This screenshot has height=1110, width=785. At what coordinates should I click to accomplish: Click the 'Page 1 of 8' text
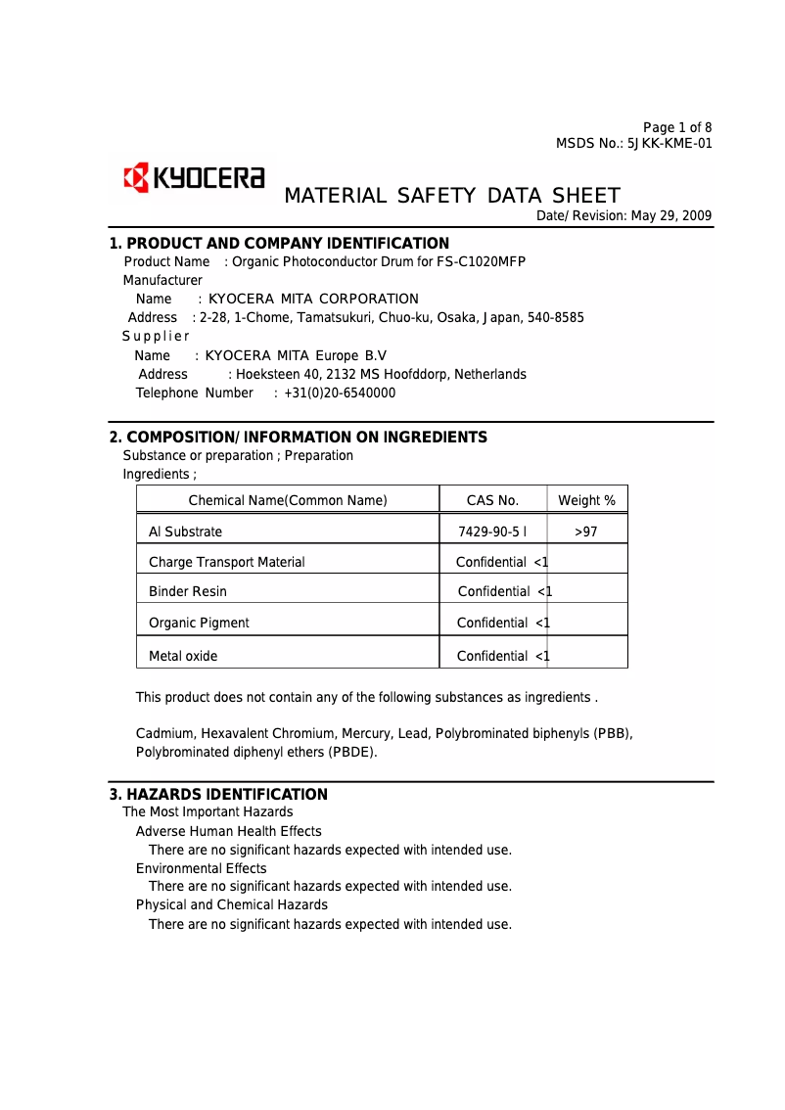tap(677, 127)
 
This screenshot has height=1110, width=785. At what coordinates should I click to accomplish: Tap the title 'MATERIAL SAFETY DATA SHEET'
tap(451, 196)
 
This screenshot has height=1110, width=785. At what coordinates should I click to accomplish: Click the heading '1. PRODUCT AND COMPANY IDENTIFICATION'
tap(279, 244)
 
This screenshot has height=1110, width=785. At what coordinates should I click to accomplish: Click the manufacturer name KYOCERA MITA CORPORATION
tap(313, 299)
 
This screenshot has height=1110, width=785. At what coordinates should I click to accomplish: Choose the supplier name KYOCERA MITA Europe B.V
tap(296, 355)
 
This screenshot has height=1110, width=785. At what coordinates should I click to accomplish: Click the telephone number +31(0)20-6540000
tap(340, 393)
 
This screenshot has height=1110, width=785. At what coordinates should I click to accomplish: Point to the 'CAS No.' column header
tap(492, 500)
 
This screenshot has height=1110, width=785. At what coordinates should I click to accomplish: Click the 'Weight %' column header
tap(586, 500)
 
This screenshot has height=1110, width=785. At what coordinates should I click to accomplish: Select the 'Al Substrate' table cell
tap(185, 532)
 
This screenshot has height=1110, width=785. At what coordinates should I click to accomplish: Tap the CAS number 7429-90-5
tap(488, 532)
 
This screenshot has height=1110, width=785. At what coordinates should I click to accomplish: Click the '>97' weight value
tap(585, 532)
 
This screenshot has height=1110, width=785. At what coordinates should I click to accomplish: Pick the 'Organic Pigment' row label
tap(199, 623)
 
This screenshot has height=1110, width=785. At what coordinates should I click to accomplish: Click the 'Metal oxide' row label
tap(183, 656)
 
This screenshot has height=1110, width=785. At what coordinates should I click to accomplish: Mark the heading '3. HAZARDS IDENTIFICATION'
tap(218, 795)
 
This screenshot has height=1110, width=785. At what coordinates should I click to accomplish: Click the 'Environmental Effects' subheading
tap(201, 868)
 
